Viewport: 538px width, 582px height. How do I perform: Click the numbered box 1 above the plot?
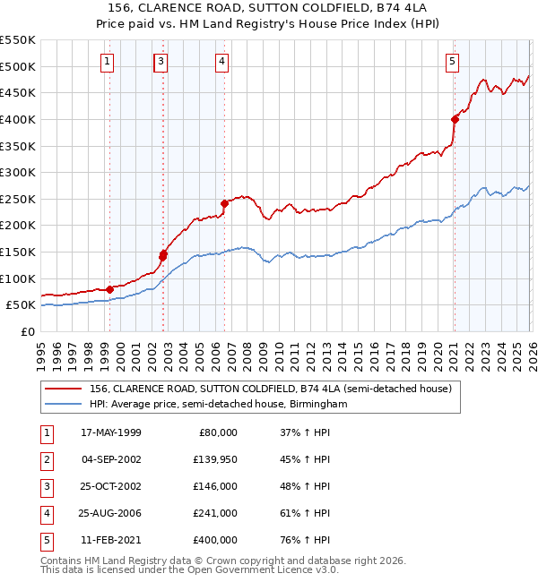pos(108,62)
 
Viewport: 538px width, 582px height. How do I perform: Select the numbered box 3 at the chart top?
pos(161,62)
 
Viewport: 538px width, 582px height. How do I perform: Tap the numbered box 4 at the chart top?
pos(221,62)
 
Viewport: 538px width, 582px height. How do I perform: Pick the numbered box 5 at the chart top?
pos(452,62)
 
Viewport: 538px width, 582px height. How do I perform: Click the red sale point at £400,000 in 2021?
pos(455,119)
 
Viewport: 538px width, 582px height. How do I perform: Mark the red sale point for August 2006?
pos(225,203)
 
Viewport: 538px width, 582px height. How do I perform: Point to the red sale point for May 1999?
pos(109,289)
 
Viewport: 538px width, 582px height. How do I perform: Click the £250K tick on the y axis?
pos(20,199)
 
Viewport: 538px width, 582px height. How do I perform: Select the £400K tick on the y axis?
pos(20,119)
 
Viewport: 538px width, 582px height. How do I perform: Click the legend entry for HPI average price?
pos(217,405)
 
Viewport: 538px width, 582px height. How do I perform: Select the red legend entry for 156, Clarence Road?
pos(274,389)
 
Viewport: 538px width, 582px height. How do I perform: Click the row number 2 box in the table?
pos(46,458)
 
